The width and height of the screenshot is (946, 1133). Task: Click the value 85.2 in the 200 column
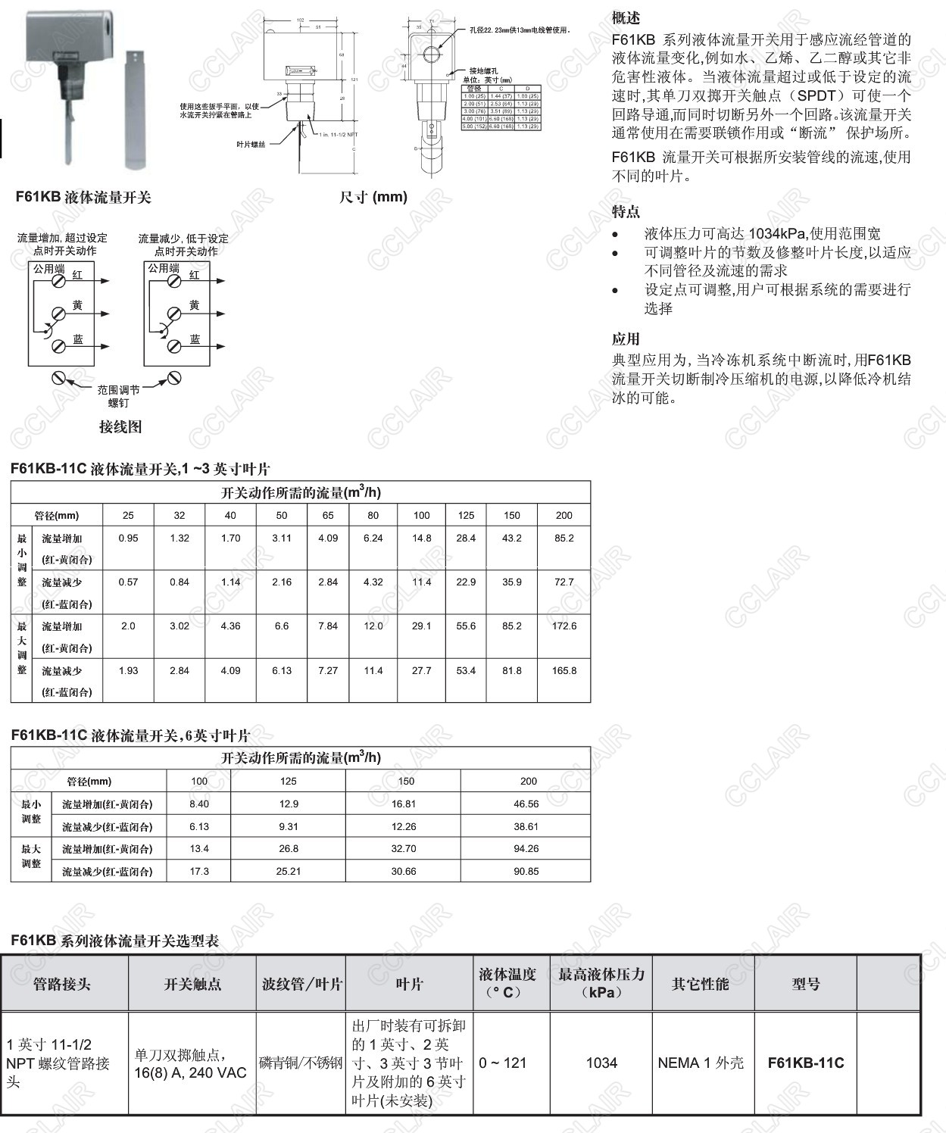point(564,538)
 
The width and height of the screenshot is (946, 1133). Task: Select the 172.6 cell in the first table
point(564,626)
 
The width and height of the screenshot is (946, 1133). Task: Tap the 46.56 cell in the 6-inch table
point(526,804)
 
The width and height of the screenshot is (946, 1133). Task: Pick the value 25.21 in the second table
point(289,871)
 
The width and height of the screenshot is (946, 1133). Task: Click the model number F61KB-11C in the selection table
point(805,1063)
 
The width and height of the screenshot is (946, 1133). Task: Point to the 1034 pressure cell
point(601,1063)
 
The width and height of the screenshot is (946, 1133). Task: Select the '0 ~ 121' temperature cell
point(503,1063)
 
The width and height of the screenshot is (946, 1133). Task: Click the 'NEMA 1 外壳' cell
point(701,1063)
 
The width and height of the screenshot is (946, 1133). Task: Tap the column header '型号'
point(805,984)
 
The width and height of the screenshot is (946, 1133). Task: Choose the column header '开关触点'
point(192,984)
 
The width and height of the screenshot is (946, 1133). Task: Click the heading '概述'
point(626,17)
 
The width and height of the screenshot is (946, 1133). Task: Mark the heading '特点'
point(626,211)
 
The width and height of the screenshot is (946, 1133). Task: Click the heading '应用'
point(626,339)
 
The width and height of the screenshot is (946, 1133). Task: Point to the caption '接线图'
point(120,426)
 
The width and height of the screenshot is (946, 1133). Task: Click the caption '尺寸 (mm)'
point(373,197)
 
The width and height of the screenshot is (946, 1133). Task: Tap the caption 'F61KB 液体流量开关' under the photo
point(83,198)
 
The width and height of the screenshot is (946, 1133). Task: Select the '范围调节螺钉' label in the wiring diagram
point(118,396)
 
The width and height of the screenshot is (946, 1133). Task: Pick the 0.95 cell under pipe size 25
point(128,538)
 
